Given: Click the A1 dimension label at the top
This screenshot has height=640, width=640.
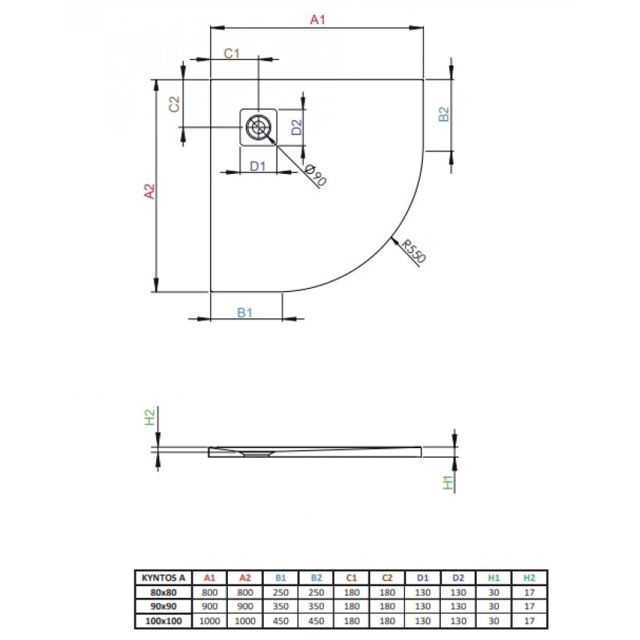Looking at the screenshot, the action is coord(317,20).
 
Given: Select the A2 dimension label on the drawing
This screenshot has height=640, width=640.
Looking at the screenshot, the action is coord(150,191).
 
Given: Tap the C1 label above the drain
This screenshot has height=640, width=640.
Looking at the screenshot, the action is coord(232,53).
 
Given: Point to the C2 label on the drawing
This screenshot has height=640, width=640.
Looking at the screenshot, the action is coord(174,104).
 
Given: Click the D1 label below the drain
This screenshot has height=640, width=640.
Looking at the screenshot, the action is coord(258,166).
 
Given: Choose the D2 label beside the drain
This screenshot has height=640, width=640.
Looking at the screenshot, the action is coord(297,127).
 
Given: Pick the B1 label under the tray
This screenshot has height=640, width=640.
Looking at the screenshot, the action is coord(244,313).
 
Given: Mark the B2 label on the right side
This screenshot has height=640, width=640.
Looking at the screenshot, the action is coord(443,114).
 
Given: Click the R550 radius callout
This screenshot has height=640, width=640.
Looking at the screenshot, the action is coord(414,251).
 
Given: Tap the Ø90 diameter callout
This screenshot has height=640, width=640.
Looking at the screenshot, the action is coord(315,175).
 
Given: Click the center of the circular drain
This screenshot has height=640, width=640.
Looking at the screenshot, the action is coord(258,127).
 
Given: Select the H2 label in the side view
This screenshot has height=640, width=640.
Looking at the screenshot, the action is coord(150,417).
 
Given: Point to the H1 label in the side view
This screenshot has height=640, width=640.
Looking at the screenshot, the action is coord(448,482).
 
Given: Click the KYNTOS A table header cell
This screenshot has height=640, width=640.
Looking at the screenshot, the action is coord(163,578).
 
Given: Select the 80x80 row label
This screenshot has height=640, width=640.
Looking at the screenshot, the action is coord(163,592).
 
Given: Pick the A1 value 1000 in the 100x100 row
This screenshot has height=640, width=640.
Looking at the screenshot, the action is coord(209,620).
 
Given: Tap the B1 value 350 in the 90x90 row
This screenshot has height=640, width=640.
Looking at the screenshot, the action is coord(280,606).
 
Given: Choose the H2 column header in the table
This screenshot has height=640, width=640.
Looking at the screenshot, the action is coord(529,578).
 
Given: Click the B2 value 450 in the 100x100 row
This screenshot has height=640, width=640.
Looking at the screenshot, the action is coord(316,620).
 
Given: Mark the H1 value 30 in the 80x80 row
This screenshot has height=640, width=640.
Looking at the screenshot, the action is coord(493,592).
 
